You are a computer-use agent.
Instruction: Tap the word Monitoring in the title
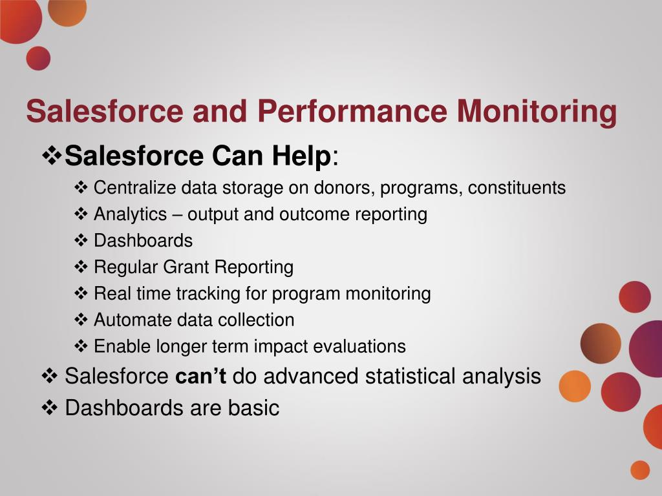[537, 111]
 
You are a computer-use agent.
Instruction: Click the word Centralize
[134, 188]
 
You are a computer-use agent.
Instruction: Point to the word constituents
[517, 188]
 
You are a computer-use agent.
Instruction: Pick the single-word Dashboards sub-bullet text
[143, 241]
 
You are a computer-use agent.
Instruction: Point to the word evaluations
[359, 347]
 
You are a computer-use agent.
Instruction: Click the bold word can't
[200, 376]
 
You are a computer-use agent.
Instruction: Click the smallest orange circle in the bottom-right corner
[639, 470]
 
